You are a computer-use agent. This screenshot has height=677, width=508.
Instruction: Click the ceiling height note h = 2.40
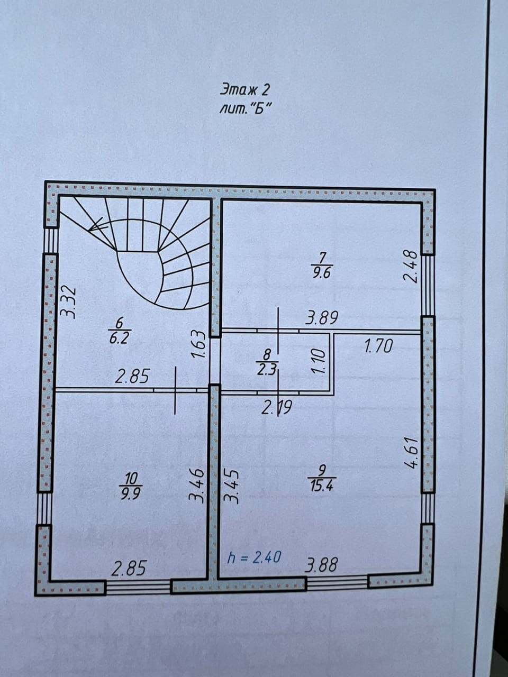(254, 557)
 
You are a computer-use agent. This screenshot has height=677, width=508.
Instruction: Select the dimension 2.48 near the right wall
(411, 267)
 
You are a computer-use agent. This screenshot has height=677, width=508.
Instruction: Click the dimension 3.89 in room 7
(322, 318)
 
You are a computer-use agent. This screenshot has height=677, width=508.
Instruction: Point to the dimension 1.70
(378, 347)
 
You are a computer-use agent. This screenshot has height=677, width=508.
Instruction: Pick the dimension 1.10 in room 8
(317, 362)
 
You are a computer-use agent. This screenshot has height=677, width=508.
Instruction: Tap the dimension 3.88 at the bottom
(321, 565)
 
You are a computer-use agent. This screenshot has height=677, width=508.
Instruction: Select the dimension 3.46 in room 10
(197, 484)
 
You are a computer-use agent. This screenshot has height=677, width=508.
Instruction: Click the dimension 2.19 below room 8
(277, 408)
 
